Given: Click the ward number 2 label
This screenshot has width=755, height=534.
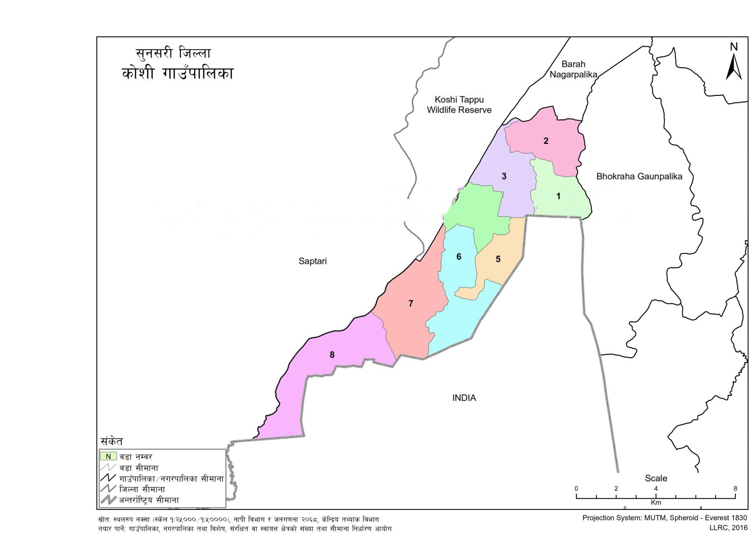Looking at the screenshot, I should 546,141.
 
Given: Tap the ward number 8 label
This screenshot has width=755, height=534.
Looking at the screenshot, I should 332,355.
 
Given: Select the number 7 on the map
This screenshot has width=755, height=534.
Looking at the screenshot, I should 411,304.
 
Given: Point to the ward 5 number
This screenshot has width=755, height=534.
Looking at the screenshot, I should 498,259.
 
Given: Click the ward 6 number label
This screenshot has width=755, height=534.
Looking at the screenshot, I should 459,256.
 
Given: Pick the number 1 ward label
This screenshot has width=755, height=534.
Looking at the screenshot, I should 558,197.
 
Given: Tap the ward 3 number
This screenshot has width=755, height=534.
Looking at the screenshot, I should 504,176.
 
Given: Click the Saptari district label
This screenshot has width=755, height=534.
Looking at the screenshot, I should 313,261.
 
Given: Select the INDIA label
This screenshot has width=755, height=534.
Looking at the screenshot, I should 464,398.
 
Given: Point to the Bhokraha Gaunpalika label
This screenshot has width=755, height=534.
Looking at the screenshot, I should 639,176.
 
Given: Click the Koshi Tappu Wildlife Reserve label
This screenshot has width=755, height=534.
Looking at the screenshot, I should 459,105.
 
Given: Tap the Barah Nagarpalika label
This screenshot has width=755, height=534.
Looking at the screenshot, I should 573,69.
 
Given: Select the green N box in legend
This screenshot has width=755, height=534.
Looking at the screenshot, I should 108,456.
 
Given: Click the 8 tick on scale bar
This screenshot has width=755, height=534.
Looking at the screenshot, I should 735,489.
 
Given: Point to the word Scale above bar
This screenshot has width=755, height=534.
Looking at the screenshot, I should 656,478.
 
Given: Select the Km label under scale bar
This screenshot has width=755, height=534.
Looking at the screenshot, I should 656,503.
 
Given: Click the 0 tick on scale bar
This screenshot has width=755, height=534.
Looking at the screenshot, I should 576,489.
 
